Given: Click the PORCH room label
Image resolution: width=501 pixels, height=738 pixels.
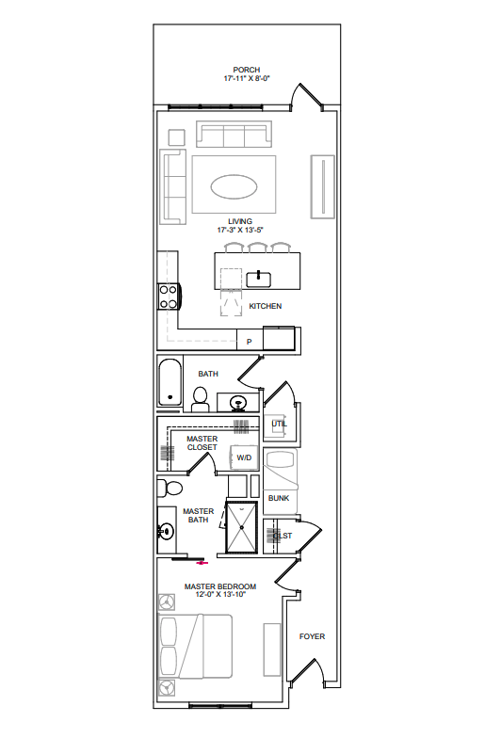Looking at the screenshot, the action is tap(247, 70).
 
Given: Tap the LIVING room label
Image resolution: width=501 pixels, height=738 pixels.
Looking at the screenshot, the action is tap(240, 221).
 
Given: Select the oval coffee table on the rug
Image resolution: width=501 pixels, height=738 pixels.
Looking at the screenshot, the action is tap(234, 186).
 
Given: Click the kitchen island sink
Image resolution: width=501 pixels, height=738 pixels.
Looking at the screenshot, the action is tap(258, 280).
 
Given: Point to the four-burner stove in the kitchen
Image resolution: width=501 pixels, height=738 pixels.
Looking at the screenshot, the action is tap(168, 297).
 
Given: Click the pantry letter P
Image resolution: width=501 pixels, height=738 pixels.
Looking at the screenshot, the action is tap(249, 342).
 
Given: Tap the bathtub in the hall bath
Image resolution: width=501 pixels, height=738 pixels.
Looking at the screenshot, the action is tap(170, 382).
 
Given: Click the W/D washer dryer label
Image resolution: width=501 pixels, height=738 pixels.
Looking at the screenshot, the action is tap(244, 457).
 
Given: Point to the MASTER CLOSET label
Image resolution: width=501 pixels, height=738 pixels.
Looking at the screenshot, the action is tap(202, 442).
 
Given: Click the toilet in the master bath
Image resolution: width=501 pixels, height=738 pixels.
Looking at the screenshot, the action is tap(170, 488).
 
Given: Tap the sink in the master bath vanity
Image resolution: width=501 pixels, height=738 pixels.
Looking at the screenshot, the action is tap(166, 532).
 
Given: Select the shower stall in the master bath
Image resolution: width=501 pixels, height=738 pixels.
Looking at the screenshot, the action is tap(241, 527).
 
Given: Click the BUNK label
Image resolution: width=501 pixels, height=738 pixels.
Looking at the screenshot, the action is tap(279, 498).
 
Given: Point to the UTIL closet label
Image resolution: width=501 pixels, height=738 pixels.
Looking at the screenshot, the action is tap(279, 424).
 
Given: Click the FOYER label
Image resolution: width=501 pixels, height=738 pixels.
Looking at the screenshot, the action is tap(313, 636).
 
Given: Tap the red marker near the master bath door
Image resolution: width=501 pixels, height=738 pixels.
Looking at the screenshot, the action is tap(202, 563).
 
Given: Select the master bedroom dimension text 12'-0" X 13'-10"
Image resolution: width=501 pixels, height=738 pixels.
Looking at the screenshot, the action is tap(220, 595).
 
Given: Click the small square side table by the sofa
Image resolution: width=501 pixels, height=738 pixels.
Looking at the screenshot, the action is tap(177, 137).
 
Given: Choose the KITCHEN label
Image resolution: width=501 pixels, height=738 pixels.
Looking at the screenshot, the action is tap(266, 306).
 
